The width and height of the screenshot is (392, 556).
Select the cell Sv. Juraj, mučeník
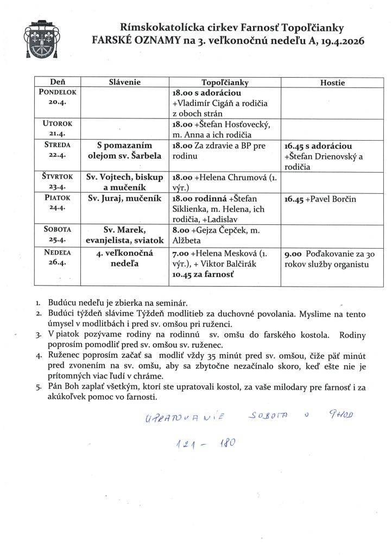(124, 198)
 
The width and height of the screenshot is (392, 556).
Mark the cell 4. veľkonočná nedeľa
(125, 258)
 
